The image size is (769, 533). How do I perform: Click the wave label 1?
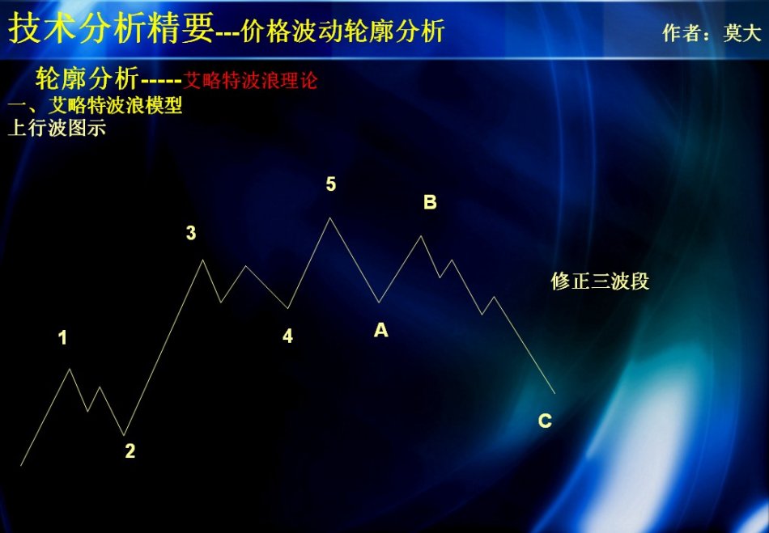point(62,337)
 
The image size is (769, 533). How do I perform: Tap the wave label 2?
point(130,451)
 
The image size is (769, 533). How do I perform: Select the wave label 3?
point(191,233)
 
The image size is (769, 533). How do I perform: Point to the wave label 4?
point(288,336)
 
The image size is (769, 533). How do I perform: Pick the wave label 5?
point(331,184)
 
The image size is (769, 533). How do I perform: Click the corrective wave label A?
point(381,330)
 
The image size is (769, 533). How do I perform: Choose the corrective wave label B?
point(430,202)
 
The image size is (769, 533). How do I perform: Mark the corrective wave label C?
point(545,421)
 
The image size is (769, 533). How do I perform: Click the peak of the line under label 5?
point(329,218)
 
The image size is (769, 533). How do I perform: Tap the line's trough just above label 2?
point(124,435)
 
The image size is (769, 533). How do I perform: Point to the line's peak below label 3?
point(202,260)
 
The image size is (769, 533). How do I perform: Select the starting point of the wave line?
point(21,465)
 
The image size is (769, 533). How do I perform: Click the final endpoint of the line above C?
point(554,393)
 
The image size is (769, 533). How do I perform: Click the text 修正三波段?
point(600,281)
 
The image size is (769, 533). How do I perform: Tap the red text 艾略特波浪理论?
point(251,80)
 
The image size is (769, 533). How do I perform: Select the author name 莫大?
point(742,32)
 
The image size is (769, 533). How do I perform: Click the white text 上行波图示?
point(57,128)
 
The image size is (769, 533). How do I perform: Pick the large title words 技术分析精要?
point(112,28)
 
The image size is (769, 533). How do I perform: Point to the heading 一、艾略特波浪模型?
point(96,105)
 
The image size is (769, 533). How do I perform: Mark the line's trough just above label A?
point(379,302)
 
